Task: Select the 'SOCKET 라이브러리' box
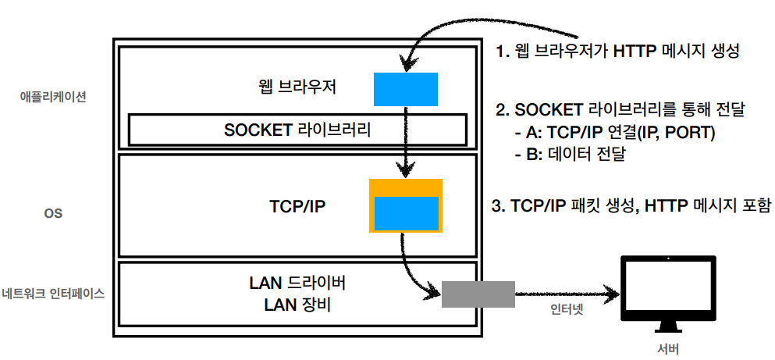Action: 297,130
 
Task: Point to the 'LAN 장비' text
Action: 297,305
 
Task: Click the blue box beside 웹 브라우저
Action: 405,89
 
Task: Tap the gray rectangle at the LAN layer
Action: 478,294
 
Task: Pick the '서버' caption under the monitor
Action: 670,348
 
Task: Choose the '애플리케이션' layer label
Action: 53,98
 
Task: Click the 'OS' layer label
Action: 53,212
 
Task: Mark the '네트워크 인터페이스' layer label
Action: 54,294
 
